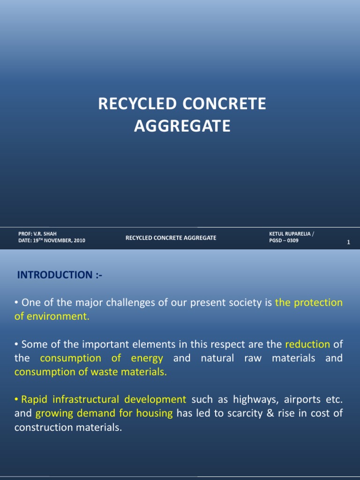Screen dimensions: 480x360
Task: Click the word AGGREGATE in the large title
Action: click(x=182, y=126)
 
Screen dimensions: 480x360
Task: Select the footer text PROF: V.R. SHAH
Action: click(x=37, y=233)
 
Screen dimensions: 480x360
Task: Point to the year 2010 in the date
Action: click(x=77, y=240)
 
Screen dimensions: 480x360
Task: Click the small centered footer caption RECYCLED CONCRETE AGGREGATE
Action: click(x=171, y=238)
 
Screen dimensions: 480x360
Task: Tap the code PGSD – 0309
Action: click(x=284, y=240)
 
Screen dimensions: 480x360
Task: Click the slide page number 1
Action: click(x=349, y=242)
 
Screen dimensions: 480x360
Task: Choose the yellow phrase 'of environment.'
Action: click(x=52, y=316)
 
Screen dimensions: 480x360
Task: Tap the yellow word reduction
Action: click(x=307, y=344)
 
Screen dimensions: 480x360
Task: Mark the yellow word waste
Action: click(x=97, y=372)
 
